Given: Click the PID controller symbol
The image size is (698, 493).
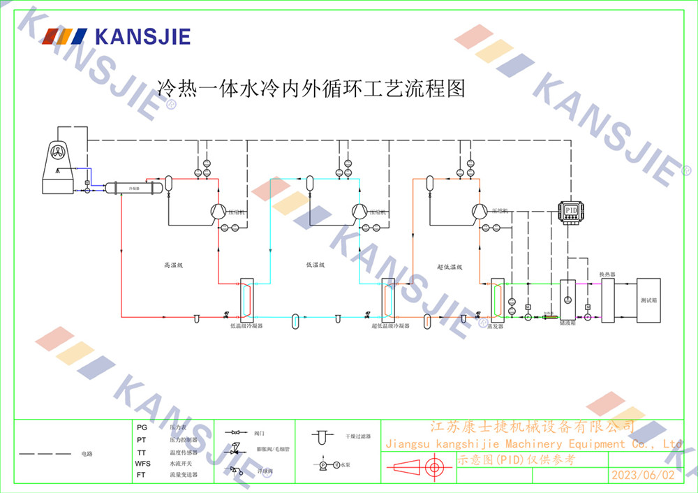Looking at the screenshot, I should click(x=571, y=210).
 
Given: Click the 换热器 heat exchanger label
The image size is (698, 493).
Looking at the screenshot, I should click(x=607, y=274).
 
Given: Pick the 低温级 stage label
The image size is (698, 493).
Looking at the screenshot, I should click(x=316, y=265).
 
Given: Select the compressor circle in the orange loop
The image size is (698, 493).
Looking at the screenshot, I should click(x=479, y=210).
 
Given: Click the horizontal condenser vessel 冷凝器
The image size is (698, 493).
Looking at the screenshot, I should click(x=133, y=188).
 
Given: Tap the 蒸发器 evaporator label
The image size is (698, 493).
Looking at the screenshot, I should click(x=496, y=325).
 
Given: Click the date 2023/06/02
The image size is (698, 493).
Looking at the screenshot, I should click(x=643, y=475).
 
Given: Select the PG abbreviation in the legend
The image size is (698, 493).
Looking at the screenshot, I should click(x=142, y=427).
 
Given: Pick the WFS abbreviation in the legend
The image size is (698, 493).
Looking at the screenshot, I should click(x=142, y=463).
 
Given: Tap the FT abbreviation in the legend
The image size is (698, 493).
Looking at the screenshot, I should click(x=142, y=475).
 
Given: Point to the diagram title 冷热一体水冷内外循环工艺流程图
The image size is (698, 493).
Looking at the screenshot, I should click(x=311, y=89).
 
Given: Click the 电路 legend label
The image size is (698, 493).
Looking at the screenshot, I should click(x=87, y=454).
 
